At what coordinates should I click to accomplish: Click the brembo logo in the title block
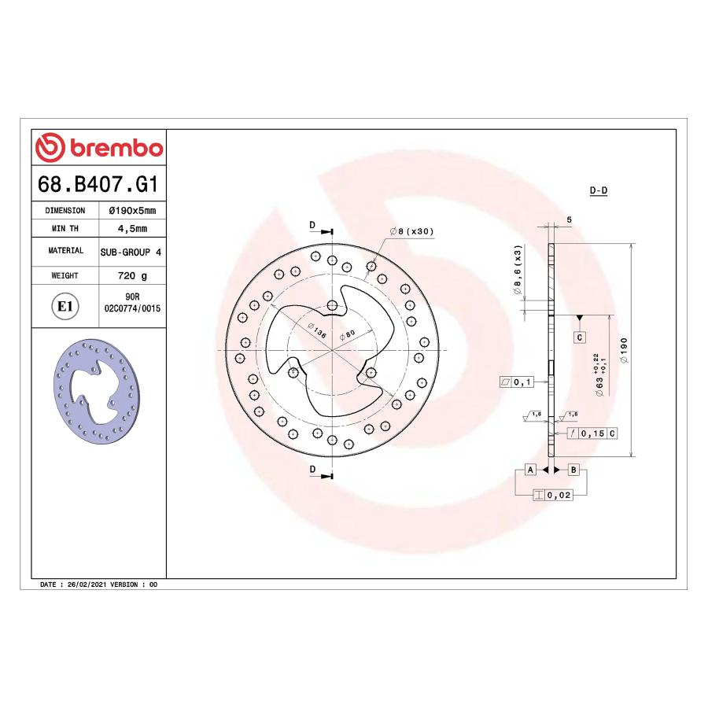click(x=99, y=147)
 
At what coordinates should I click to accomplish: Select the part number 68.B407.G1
click(x=98, y=184)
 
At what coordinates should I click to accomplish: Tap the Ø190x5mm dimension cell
click(x=132, y=210)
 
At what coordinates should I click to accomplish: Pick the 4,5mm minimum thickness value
click(x=132, y=228)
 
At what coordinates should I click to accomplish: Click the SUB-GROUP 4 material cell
click(x=131, y=252)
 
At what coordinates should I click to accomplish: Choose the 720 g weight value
click(x=132, y=275)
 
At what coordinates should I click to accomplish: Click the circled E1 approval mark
click(x=65, y=306)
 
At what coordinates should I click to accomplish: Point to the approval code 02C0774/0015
click(x=132, y=308)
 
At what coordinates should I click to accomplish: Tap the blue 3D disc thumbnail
click(x=97, y=391)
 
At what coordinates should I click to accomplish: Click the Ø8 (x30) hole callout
click(x=411, y=231)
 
